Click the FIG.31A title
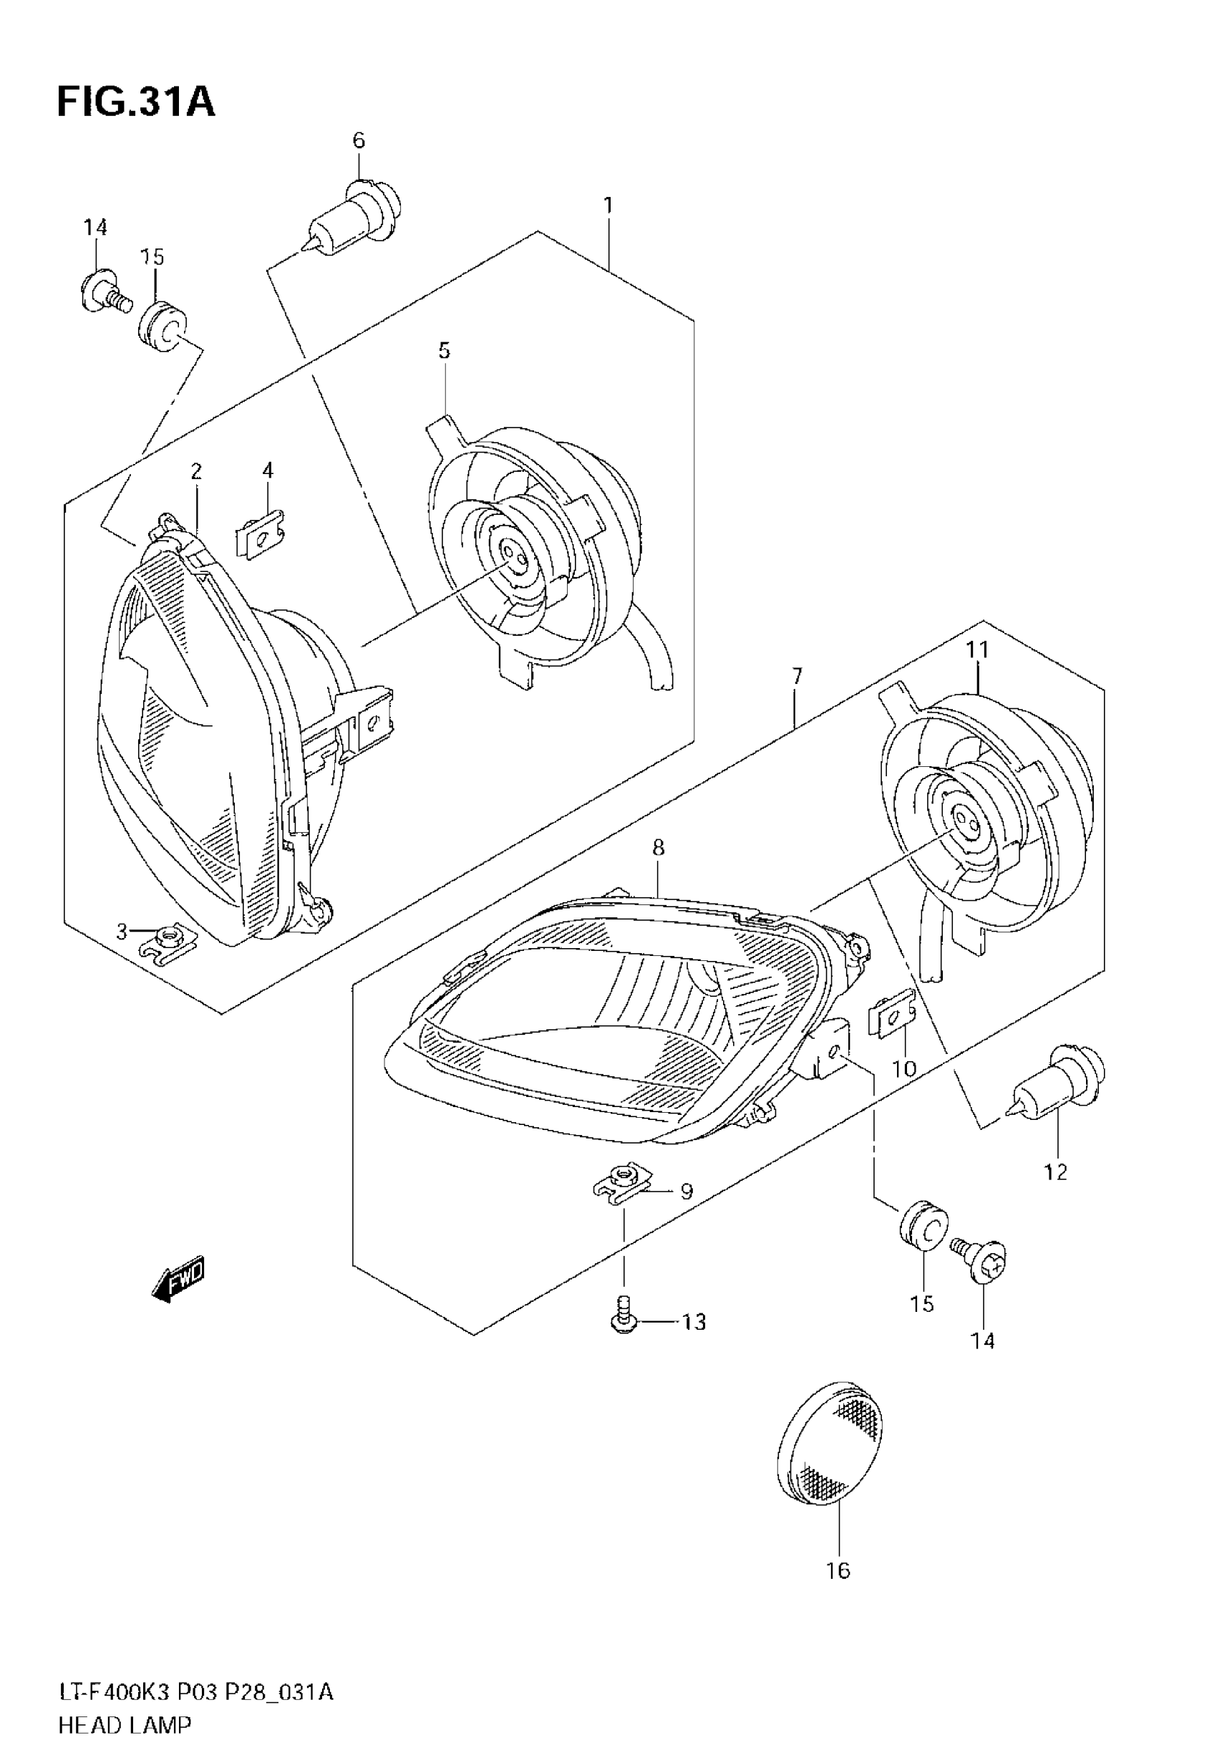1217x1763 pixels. pos(136,103)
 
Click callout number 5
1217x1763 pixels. pos(444,351)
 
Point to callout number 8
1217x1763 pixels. pos(658,847)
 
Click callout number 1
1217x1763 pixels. pos(608,206)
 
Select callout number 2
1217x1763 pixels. pos(196,471)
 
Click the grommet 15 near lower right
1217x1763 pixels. pos(923,1229)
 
